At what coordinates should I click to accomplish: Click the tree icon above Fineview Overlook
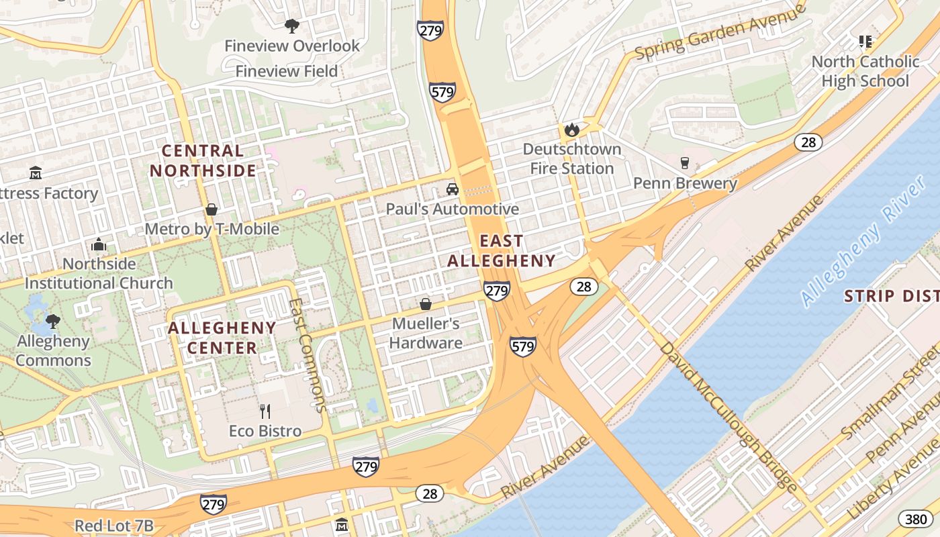pos(291,26)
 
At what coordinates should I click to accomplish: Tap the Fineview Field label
pos(287,71)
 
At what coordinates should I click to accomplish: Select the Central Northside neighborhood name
pos(203,160)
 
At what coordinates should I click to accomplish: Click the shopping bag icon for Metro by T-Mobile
pos(211,209)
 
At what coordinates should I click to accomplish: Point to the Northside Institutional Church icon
pos(99,244)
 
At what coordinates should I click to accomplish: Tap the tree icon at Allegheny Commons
pos(53,322)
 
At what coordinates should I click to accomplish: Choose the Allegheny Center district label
pos(222,338)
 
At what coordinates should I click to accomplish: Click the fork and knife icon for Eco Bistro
pos(265,411)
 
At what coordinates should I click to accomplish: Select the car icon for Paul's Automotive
pos(453,189)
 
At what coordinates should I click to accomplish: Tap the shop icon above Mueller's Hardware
pos(425,304)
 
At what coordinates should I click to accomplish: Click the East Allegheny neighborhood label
pos(502,251)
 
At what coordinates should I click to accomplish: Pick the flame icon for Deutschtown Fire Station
pos(571,129)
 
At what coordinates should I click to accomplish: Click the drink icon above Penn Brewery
pos(684,163)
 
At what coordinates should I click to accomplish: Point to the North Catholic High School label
pos(865,71)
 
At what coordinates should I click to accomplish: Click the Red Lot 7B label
pos(113,526)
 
